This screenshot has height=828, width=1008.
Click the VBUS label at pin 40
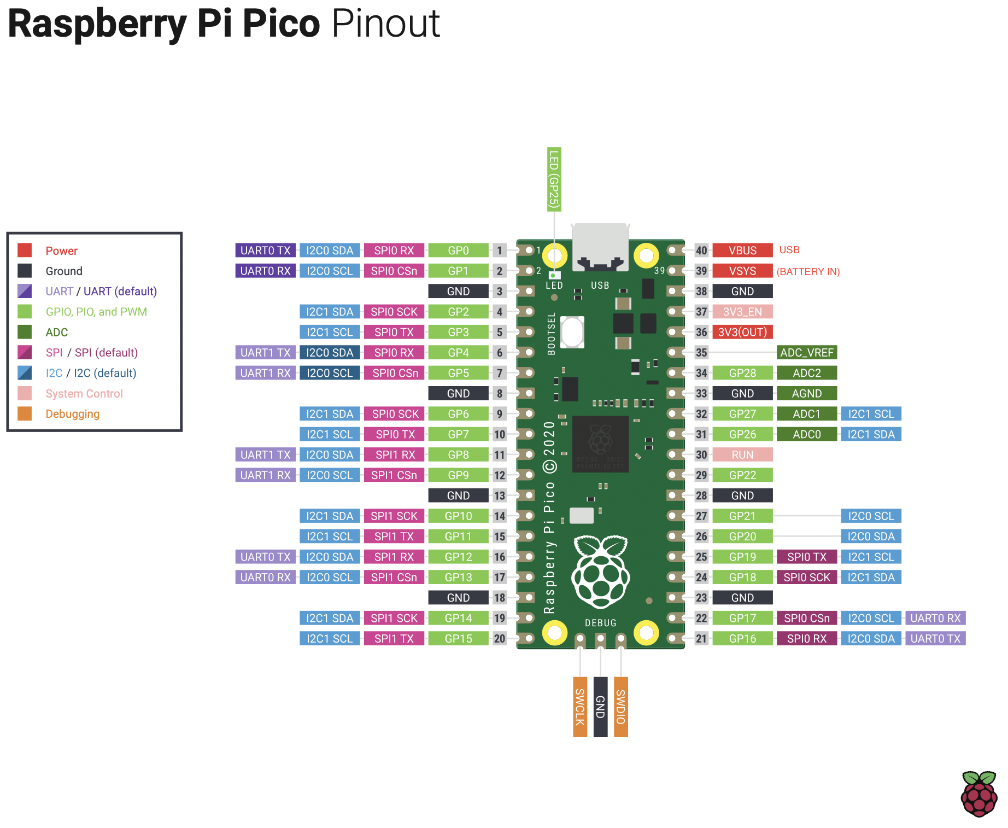pos(742,250)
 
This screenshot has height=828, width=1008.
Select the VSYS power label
pos(742,271)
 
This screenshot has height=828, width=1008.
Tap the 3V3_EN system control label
pos(742,312)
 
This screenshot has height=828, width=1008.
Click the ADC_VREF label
pos(806,353)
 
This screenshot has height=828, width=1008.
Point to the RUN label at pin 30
pos(742,455)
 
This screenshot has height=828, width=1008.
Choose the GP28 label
pos(742,373)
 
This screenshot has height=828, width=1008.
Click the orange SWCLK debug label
pos(580,707)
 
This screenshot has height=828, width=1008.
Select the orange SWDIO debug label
pos(621,707)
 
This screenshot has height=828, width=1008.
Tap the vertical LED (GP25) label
pos(554,179)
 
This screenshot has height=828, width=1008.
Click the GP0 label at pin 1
pos(458,250)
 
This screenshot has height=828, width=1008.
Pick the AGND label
pos(806,394)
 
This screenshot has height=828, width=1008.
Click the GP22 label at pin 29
pos(742,475)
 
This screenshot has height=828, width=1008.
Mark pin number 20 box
pos(500,639)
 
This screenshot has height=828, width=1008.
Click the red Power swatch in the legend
pos(25,250)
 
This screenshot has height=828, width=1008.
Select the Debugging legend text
pos(73,414)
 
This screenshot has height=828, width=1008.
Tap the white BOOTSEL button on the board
pos(572,332)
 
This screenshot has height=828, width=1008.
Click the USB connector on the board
pos(600,246)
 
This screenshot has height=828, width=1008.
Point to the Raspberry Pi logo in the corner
pos(979,794)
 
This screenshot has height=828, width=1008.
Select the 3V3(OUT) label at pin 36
pos(742,332)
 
